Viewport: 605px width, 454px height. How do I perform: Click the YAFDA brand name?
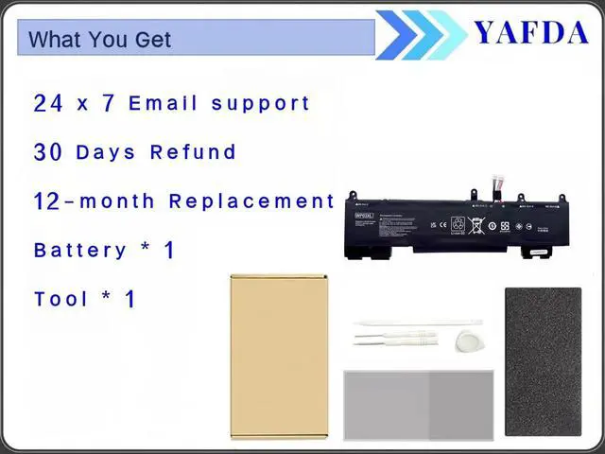[530, 32]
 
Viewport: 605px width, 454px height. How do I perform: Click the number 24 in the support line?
[48, 103]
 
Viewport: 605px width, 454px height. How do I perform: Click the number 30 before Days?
[48, 152]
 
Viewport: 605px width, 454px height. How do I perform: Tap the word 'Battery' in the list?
[79, 251]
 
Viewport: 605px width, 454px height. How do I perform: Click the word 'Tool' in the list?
[61, 300]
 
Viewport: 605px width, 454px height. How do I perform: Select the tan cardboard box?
[279, 356]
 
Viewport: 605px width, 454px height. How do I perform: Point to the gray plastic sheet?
[418, 405]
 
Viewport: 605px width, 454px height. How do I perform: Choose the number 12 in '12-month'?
[46, 201]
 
